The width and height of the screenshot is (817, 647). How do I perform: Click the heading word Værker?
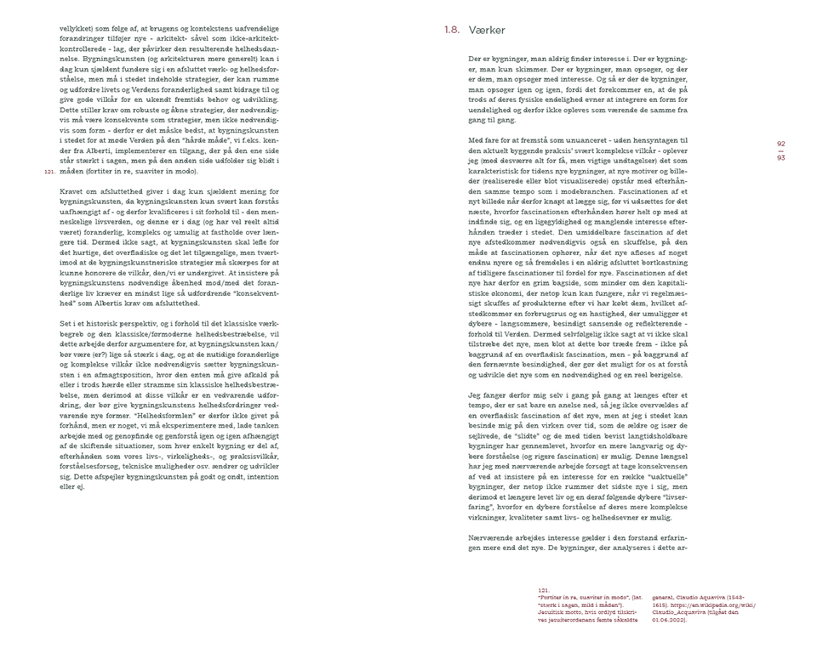coord(487,31)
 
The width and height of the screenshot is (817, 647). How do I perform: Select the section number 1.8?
coord(452,31)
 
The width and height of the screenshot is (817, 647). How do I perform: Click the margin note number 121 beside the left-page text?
coord(49,172)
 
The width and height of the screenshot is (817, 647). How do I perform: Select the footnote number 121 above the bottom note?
coord(543,587)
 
